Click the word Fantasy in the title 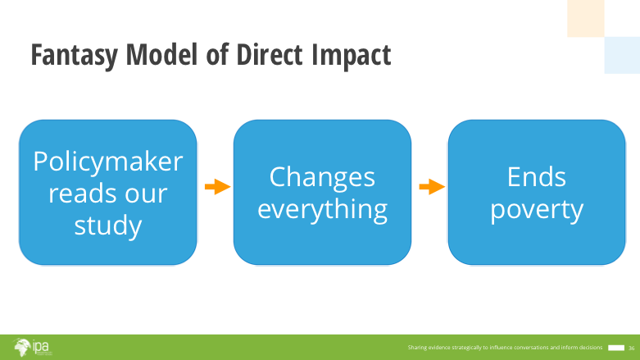[75, 56]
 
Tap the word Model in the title [161, 54]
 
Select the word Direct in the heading [270, 54]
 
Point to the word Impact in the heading [351, 56]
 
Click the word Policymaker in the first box [107, 162]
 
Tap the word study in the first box [107, 226]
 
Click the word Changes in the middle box [322, 178]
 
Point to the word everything [322, 210]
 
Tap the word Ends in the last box [536, 176]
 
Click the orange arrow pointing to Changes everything [217, 187]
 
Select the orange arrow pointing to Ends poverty [432, 187]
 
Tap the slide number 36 [632, 349]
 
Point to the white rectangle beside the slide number [616, 348]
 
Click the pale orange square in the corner [586, 18]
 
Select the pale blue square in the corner [622, 55]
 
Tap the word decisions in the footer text [591, 348]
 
